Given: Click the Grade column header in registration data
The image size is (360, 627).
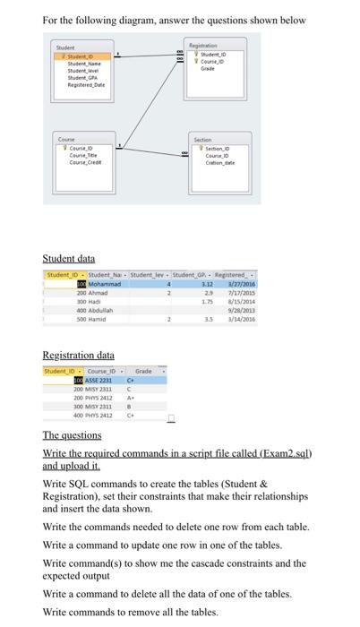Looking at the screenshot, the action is (x=142, y=369).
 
